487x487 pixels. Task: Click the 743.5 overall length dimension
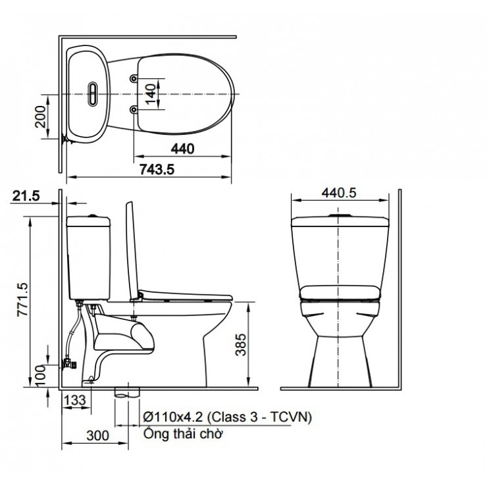156,169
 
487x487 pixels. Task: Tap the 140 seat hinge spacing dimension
151,94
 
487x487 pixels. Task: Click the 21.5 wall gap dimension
26,195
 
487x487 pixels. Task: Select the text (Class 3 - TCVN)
260,417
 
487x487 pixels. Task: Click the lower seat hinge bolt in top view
134,109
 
